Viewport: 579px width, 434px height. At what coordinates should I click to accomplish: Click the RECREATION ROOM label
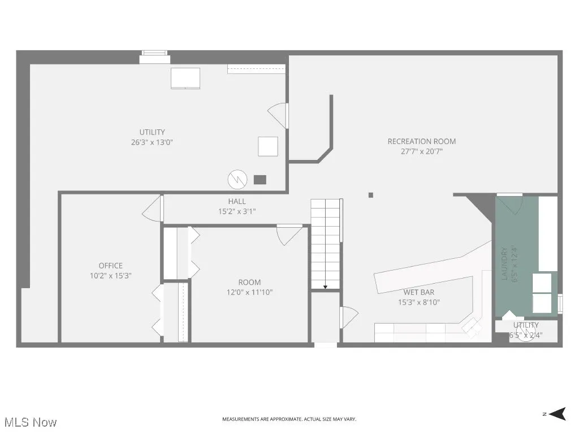[421, 141]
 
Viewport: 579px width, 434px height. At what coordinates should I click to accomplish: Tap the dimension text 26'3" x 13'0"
[152, 142]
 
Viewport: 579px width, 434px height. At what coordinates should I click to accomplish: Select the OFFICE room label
[110, 266]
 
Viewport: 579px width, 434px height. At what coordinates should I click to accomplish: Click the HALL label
[237, 201]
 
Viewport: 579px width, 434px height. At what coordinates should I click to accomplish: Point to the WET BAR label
[418, 292]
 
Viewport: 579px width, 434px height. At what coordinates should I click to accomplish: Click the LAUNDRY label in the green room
[504, 263]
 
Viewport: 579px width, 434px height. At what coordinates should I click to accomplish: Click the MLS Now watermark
[30, 422]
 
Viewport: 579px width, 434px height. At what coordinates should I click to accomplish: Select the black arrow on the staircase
[325, 287]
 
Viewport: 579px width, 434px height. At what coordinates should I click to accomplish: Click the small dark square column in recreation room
[371, 196]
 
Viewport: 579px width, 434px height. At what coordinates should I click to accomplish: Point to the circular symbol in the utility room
[237, 180]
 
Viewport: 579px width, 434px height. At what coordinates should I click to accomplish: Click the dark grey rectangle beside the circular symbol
[260, 180]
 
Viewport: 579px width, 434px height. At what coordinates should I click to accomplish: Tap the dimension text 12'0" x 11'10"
[249, 292]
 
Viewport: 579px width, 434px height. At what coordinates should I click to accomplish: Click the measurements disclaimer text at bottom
[289, 419]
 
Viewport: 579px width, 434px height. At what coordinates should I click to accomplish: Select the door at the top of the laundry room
[510, 203]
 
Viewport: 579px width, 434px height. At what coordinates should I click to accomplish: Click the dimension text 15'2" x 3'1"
[237, 211]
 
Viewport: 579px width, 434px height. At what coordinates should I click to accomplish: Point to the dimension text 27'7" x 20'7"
[421, 151]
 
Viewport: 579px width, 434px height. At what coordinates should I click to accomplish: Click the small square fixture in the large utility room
[268, 146]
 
